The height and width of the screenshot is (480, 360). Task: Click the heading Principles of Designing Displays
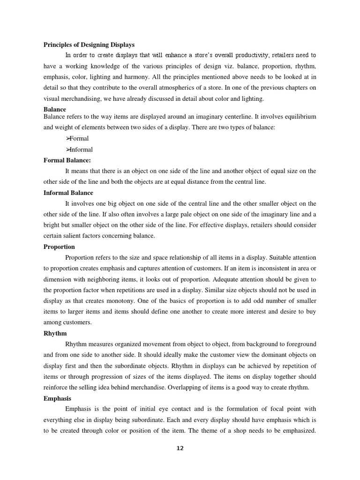point(89,45)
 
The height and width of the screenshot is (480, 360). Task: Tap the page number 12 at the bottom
point(180,448)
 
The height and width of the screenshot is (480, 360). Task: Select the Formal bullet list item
point(78,138)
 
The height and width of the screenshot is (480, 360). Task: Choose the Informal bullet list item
point(80,150)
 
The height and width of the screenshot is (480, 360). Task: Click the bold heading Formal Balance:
point(67,160)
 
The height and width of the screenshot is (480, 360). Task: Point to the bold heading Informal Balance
point(68,193)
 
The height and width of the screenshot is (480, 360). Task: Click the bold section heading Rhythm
point(55,333)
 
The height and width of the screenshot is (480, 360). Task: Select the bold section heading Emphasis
point(58,398)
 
